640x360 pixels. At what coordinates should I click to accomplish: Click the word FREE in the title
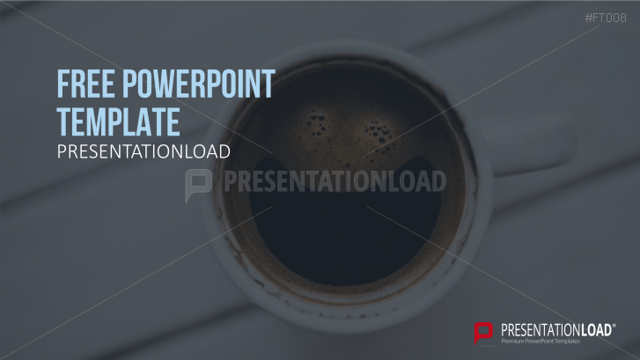[85, 85]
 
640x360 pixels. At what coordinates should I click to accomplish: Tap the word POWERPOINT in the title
[199, 85]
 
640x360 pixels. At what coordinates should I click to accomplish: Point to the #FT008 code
[605, 18]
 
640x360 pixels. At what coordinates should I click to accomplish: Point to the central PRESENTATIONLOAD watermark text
[335, 181]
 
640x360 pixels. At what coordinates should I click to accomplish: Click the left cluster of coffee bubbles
[313, 118]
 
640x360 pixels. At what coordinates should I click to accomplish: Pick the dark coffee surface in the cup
[343, 220]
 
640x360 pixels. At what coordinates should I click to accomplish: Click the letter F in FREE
[63, 85]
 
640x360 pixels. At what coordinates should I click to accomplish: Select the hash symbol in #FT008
[588, 18]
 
